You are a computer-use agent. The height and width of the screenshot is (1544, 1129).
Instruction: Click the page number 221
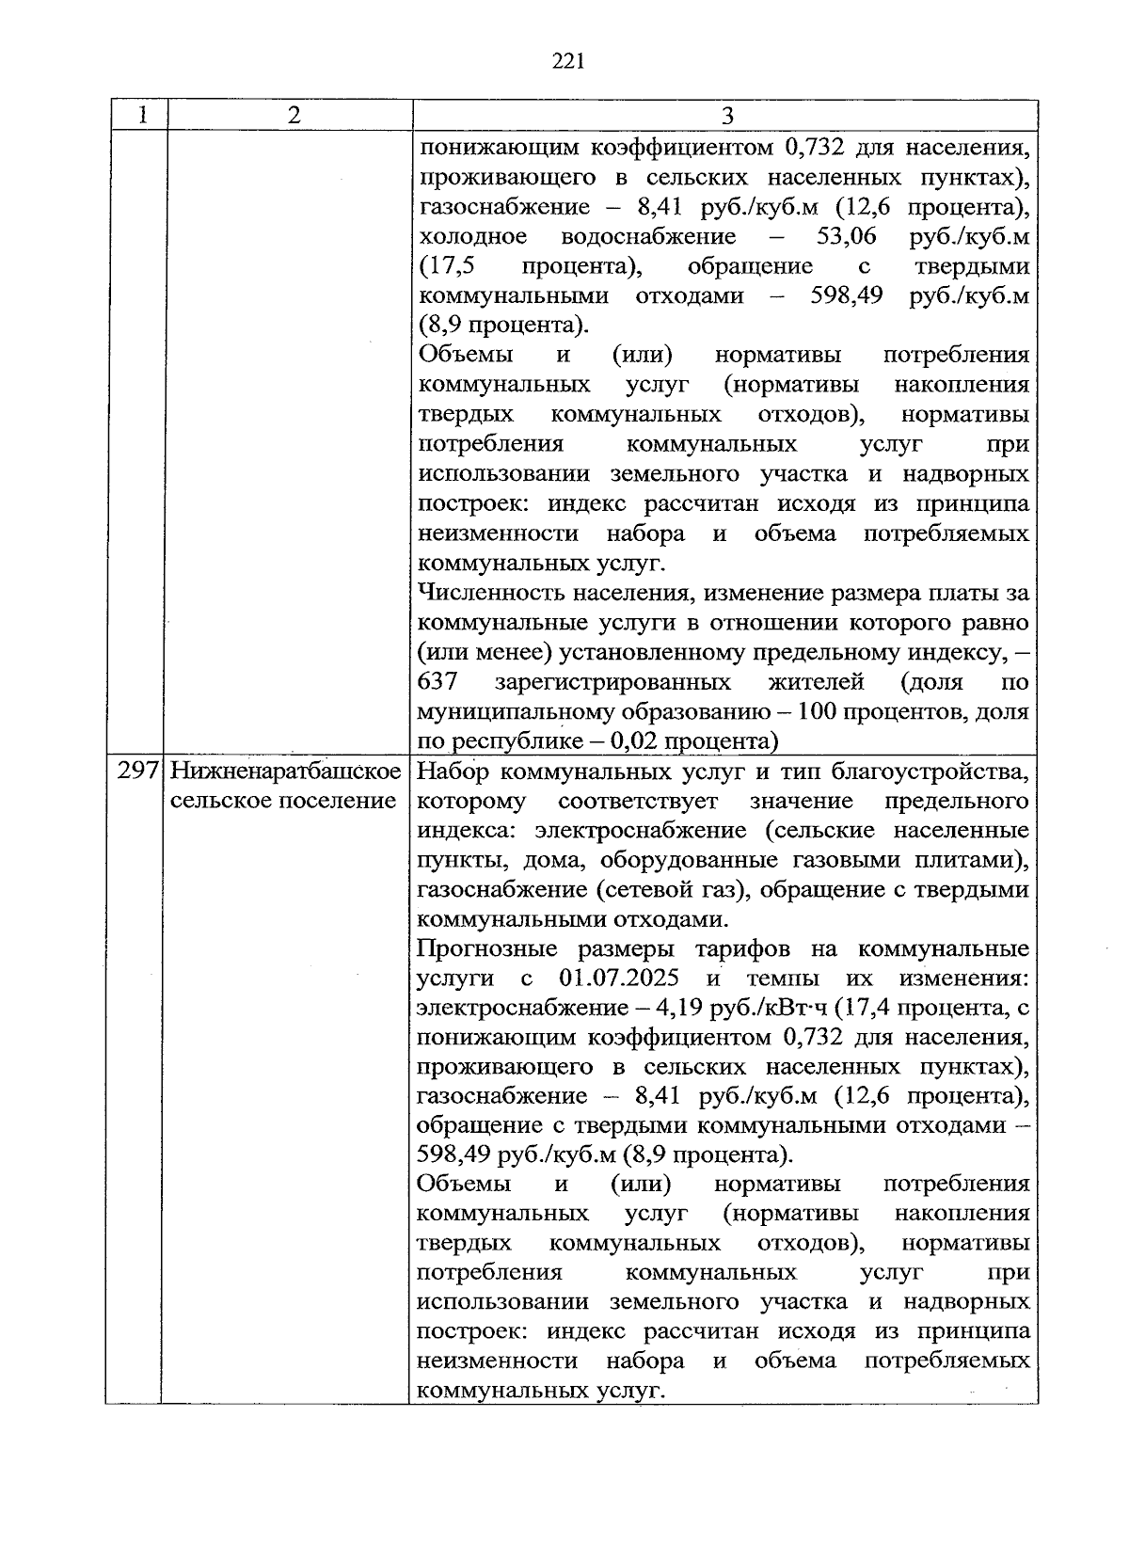click(568, 62)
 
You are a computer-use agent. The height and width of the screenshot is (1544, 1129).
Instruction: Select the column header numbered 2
click(294, 116)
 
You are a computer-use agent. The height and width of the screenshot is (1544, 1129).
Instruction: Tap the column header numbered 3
click(726, 116)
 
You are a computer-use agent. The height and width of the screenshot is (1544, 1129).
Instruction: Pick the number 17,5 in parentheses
click(440, 266)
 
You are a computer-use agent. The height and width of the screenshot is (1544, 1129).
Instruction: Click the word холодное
click(472, 236)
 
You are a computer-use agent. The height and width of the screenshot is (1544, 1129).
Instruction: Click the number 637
click(437, 681)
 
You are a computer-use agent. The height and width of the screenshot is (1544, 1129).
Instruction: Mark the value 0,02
click(635, 741)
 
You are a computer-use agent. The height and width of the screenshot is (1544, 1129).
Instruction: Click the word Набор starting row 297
click(453, 772)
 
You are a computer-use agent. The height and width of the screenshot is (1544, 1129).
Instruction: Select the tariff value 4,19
click(682, 1008)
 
